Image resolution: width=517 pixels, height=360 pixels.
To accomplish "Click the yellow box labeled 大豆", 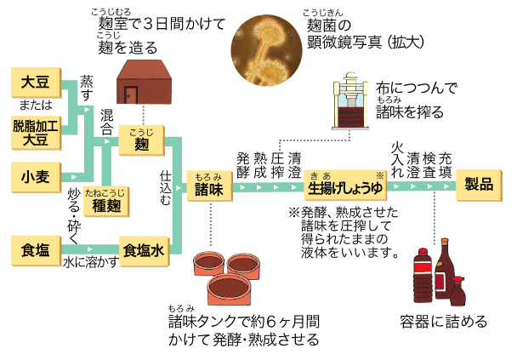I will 37,85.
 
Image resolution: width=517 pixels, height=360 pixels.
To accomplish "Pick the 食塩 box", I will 37,249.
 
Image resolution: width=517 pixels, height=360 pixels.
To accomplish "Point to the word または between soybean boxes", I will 36,106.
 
